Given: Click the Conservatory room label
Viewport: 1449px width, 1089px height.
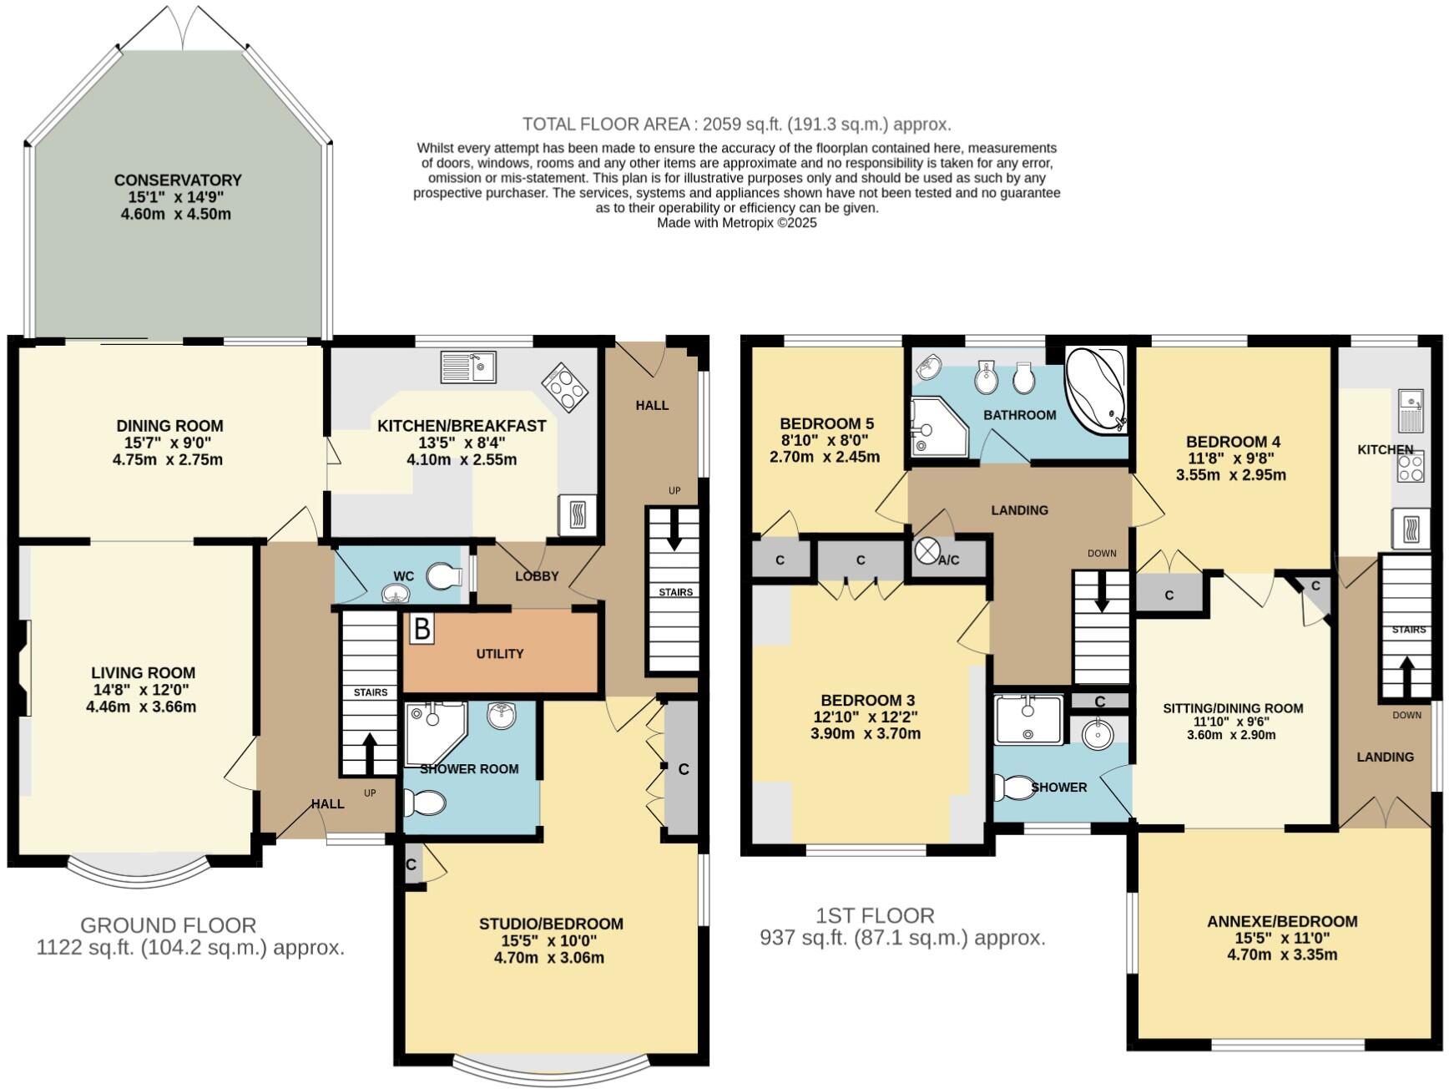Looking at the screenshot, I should point(178,180).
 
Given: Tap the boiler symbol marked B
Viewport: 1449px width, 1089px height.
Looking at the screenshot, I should point(422,629).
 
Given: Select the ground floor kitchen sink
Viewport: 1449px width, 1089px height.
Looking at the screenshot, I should point(468,366).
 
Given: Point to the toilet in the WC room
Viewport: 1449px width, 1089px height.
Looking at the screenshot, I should point(444,575).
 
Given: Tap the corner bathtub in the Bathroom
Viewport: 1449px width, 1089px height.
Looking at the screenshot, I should point(1094,390).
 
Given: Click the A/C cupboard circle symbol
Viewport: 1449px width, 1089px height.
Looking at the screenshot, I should point(926,551).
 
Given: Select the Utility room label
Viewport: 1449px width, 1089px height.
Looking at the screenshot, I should point(500,654).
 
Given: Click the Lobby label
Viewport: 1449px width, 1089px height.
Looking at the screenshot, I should point(537,576).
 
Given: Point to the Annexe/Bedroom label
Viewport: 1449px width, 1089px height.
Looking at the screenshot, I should point(1282,921).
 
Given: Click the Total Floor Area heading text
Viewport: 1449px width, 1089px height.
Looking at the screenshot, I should point(736,124).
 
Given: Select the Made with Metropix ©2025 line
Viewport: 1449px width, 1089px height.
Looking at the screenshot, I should point(736,223).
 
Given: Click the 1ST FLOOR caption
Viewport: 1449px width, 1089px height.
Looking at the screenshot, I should point(875,915).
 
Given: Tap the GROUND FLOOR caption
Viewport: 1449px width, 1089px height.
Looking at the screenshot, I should point(168,925).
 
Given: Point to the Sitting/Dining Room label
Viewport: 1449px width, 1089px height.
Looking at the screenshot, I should point(1233,708).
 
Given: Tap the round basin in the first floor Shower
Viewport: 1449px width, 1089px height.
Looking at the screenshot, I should point(1097,735).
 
